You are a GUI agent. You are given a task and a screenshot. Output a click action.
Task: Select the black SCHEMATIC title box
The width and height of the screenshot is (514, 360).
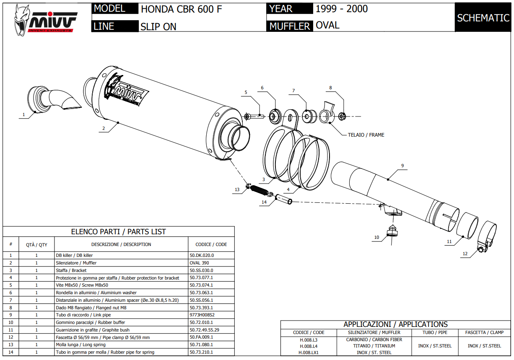483,18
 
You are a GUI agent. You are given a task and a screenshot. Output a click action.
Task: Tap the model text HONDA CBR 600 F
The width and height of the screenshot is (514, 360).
181,9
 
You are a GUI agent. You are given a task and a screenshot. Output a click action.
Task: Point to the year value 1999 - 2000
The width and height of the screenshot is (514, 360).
341,9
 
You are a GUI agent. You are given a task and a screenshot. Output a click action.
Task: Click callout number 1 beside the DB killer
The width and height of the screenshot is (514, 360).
23,114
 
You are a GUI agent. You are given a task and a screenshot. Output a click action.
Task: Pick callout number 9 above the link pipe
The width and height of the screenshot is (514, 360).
402,166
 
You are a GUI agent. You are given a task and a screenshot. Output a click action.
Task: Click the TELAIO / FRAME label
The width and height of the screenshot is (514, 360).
366,135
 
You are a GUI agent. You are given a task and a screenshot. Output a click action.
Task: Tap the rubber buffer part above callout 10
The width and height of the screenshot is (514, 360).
392,231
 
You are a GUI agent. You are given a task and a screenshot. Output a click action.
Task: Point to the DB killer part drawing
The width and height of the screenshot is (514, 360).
50,100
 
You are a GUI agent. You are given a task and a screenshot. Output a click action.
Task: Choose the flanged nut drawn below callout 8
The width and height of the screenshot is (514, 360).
342,116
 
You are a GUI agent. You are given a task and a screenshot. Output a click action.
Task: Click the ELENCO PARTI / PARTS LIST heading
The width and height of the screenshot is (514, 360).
118,232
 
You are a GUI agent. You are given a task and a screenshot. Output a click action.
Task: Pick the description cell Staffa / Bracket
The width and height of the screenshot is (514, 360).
71,270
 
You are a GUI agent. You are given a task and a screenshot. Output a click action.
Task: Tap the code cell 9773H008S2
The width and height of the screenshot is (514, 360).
202,315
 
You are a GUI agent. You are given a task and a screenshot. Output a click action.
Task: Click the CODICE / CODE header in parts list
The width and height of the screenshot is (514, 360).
211,244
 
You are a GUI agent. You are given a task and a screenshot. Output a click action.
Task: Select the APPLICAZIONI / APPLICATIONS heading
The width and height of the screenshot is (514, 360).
395,324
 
